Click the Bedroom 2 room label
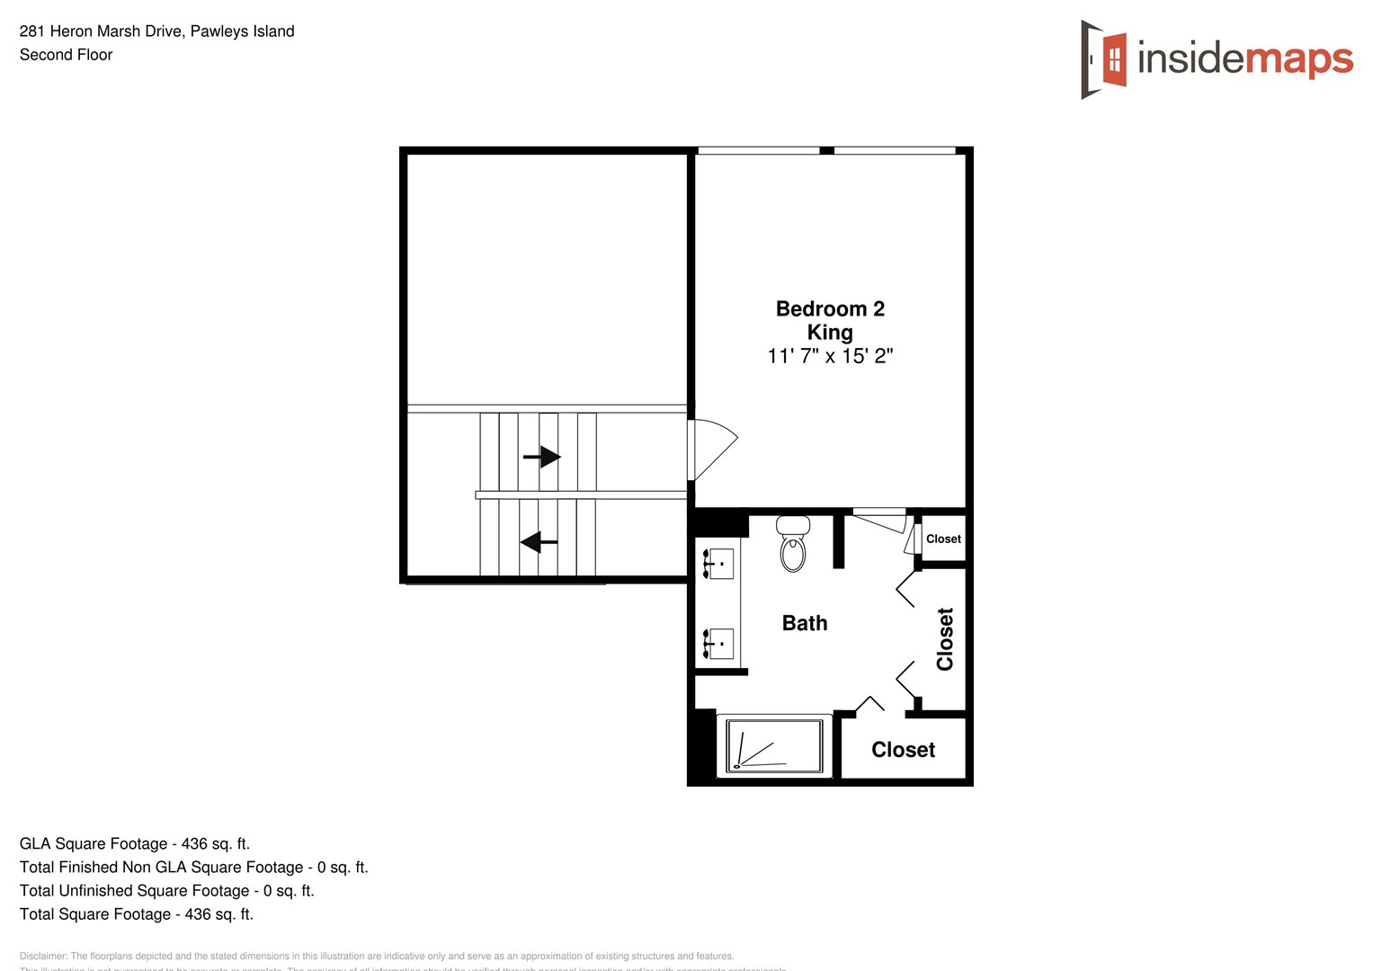pyautogui.click(x=829, y=308)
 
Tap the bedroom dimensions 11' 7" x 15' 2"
pyautogui.click(x=829, y=356)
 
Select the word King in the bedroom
pyautogui.click(x=829, y=333)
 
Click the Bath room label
pyautogui.click(x=804, y=623)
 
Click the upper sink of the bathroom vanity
pyautogui.click(x=718, y=564)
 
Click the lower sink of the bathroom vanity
pyautogui.click(x=718, y=644)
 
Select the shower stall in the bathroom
pyautogui.click(x=773, y=745)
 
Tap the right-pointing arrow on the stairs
pyautogui.click(x=541, y=457)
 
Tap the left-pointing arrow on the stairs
pyautogui.click(x=539, y=542)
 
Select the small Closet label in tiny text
pyautogui.click(x=943, y=539)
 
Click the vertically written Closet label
pyautogui.click(x=944, y=639)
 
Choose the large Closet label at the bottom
pyautogui.click(x=903, y=750)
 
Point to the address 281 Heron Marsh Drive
pyautogui.click(x=156, y=31)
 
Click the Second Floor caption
pyautogui.click(x=66, y=55)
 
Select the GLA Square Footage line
pyautogui.click(x=135, y=843)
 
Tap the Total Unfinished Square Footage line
pyautogui.click(x=166, y=890)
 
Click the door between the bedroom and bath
pyautogui.click(x=880, y=519)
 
